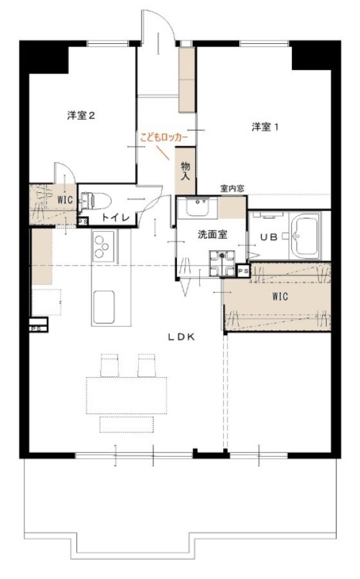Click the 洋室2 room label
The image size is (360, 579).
tap(81, 116)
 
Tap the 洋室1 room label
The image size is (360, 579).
tap(265, 127)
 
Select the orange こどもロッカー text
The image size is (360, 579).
tap(164, 138)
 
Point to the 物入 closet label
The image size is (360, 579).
tap(185, 171)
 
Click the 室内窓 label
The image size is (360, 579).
tap(232, 188)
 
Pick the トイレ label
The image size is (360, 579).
tap(116, 218)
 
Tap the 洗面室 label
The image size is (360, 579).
tap(212, 234)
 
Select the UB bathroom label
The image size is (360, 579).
tap(269, 237)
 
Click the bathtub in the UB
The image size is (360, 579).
tap(306, 236)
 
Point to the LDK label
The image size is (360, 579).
tap(181, 336)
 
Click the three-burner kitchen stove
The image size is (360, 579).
tap(104, 246)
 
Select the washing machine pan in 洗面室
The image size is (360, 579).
tap(222, 263)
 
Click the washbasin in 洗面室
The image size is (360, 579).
tap(202, 208)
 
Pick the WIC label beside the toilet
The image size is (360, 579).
tap(64, 201)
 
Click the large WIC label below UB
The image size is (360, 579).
tap(280, 297)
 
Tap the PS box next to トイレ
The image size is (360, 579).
tap(83, 221)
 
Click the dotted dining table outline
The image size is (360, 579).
tap(127, 396)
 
